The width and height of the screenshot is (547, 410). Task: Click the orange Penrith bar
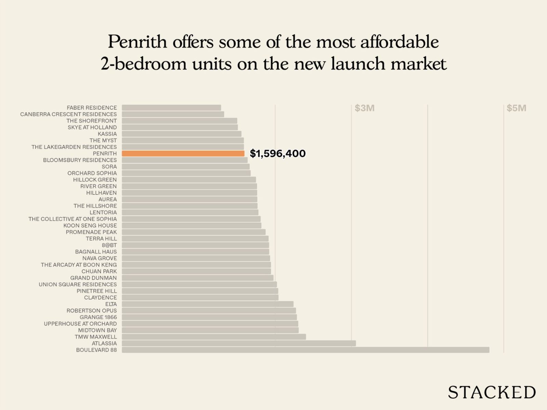pos(183,153)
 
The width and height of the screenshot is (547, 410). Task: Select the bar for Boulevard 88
pos(305,350)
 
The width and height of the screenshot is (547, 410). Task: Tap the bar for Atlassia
pos(239,343)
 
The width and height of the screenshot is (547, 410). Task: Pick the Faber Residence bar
pos(171,108)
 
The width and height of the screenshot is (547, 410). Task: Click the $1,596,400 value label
pos(278,153)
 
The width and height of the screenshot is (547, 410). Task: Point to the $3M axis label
pos(364,108)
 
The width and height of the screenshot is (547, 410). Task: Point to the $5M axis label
pos(516,108)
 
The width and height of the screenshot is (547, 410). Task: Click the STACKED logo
pos(492,392)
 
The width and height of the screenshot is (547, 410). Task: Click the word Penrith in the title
pos(137,42)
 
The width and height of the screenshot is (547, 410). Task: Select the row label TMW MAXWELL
pos(96,337)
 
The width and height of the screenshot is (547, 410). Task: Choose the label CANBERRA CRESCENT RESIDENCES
pos(68,114)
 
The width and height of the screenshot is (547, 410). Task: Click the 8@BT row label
pos(109,245)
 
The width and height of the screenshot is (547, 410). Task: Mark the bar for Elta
pos(208,304)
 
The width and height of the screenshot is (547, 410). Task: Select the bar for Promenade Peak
pos(194,232)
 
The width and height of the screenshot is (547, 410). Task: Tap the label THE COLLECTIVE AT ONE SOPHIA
pos(72,219)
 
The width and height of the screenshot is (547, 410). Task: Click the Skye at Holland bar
pos(179,127)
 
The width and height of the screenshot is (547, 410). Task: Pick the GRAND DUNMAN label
pos(93,278)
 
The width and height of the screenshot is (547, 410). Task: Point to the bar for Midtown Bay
pos(210,330)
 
